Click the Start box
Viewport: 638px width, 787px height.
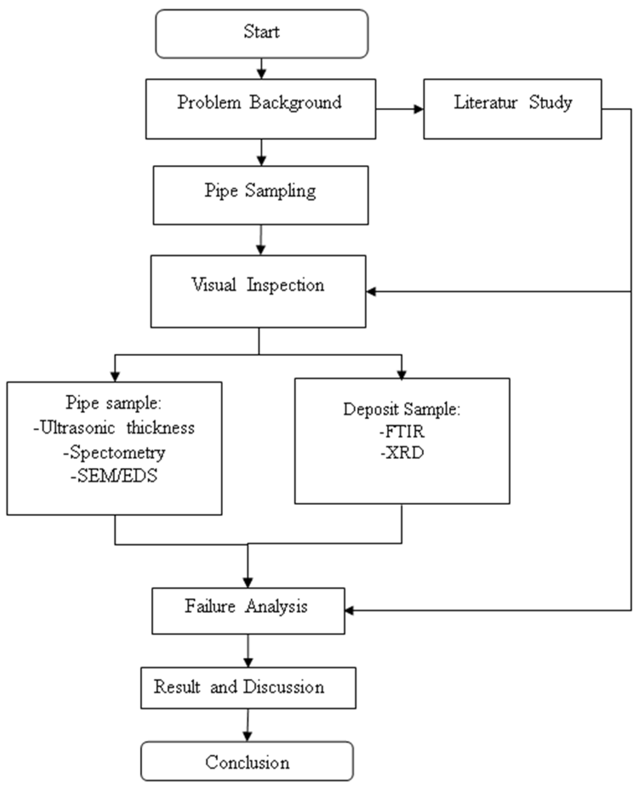click(261, 34)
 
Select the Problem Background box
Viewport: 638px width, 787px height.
click(260, 109)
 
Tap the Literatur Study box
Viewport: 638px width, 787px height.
click(512, 109)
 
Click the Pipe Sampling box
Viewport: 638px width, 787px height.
click(261, 195)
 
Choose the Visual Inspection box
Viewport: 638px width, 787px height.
click(258, 291)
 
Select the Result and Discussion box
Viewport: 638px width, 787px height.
click(248, 688)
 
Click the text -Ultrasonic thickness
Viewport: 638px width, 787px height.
click(114, 428)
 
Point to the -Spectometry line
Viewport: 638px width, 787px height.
click(114, 452)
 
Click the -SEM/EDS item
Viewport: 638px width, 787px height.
click(114, 476)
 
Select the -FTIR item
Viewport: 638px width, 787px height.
click(402, 431)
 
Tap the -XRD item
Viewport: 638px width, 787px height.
click(402, 453)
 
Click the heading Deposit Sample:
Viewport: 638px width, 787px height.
click(402, 409)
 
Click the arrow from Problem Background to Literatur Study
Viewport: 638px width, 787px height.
click(399, 109)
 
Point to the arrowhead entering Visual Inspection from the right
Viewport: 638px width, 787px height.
click(371, 292)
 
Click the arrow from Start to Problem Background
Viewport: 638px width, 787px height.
click(261, 69)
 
